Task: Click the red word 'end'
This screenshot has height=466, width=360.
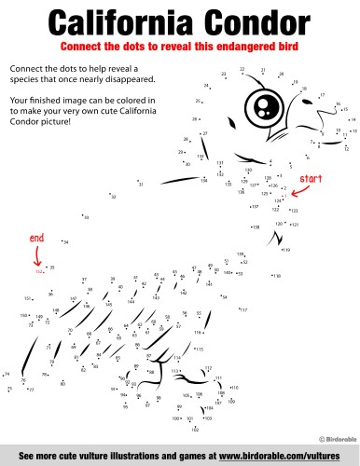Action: coord(37,237)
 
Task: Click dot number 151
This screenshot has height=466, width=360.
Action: coord(29,299)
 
